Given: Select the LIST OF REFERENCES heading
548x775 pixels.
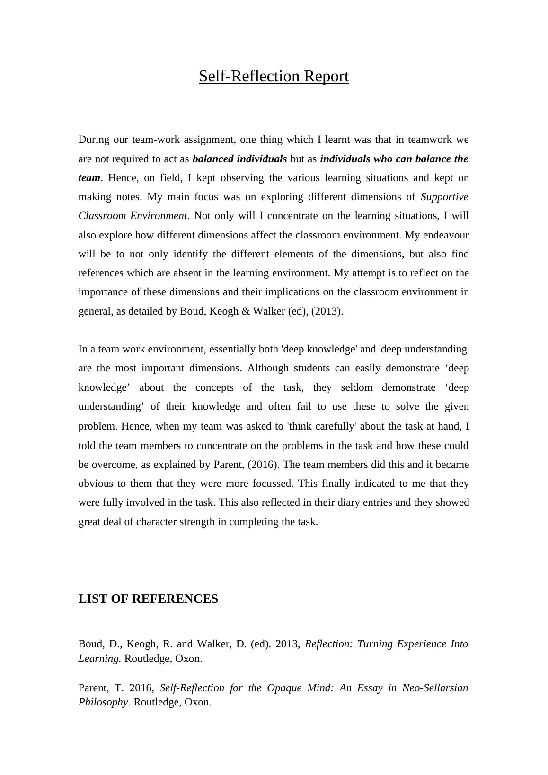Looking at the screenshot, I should [x=148, y=599].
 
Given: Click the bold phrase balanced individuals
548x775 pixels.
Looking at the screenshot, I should [x=239, y=159].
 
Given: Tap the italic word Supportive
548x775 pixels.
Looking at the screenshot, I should [x=444, y=197].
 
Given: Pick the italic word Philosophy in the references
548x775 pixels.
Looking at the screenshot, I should [x=103, y=702].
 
